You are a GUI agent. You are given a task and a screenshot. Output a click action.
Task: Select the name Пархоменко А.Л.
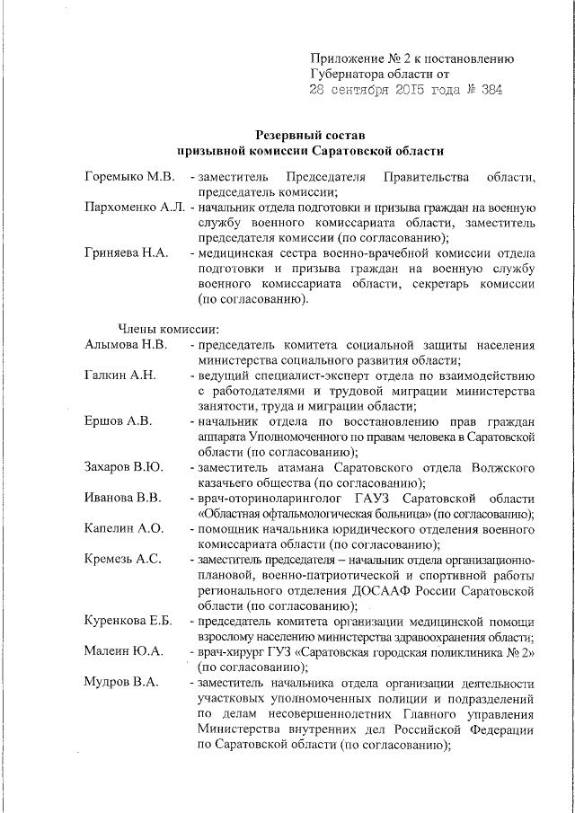tap(134, 208)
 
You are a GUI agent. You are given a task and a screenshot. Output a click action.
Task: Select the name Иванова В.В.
tap(123, 498)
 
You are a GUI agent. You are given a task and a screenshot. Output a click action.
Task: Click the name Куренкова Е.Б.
tap(128, 621)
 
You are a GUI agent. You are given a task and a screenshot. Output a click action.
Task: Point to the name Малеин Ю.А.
tap(123, 651)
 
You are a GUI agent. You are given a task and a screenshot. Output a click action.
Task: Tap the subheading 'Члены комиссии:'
tap(163, 329)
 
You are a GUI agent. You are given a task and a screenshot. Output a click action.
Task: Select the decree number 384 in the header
tap(490, 90)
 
